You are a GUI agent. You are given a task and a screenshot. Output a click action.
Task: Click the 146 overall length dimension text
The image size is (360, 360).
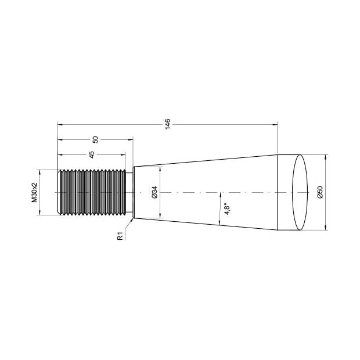pos(168,123)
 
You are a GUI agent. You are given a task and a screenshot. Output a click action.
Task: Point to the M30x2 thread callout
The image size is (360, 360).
pos(34,192)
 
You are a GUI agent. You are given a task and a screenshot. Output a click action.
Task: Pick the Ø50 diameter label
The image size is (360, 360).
pos(320,192)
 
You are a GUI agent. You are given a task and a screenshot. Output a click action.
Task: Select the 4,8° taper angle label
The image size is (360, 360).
pos(227,209)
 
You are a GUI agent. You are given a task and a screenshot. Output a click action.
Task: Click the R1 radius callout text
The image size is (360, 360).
pos(120,236)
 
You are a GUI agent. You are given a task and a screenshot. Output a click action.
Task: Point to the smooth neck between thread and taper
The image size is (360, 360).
pos(129,192)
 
